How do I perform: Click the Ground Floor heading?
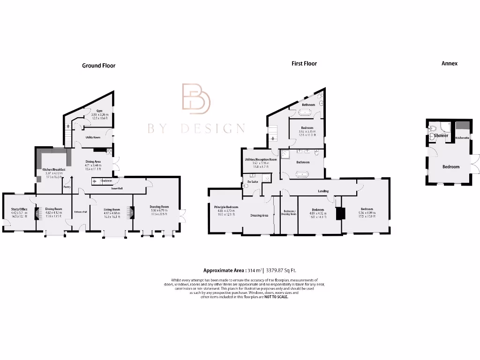(98, 66)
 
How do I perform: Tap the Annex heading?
(449, 63)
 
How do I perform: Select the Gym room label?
(99, 111)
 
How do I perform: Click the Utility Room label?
(93, 137)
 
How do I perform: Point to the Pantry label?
(67, 186)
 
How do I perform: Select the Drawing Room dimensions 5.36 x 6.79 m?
(159, 210)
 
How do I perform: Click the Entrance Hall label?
(81, 212)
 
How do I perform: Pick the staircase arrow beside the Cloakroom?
(95, 180)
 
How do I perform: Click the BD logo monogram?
(196, 99)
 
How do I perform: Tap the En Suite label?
(252, 181)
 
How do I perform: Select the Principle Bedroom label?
(226, 207)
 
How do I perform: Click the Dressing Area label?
(259, 216)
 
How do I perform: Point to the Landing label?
(323, 191)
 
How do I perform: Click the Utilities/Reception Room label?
(261, 159)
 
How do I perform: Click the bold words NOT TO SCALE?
(277, 297)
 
